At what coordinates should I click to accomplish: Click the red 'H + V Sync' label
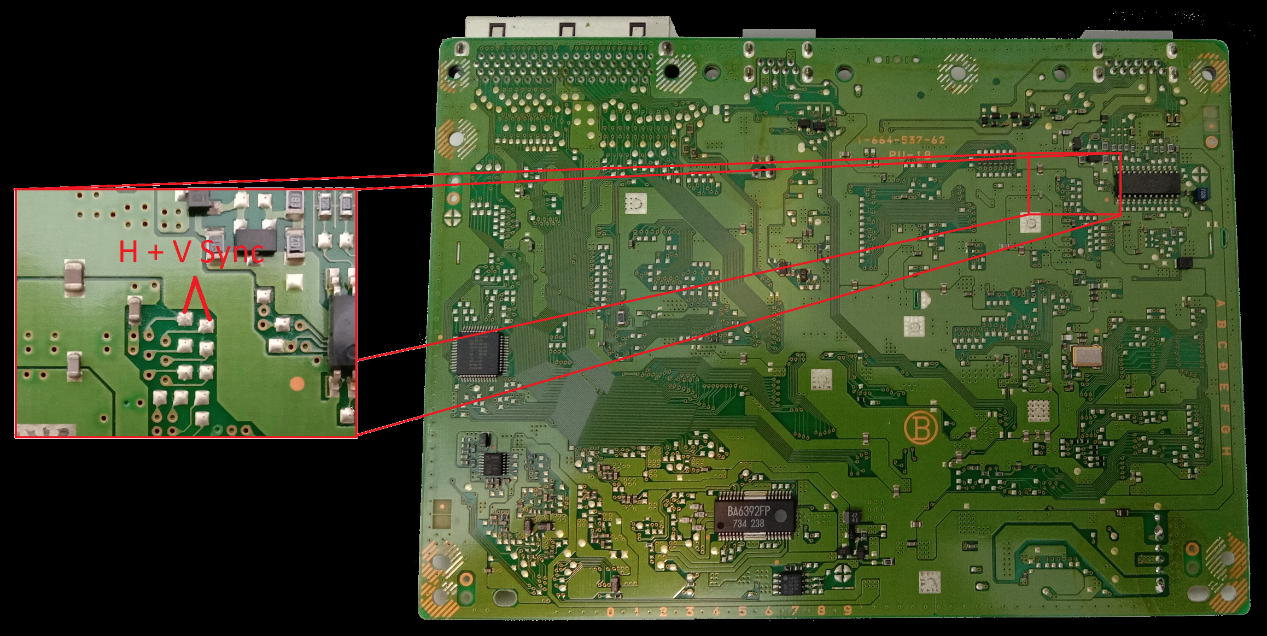[191, 252]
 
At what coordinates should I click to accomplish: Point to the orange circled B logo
[921, 429]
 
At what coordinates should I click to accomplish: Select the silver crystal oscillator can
[1088, 356]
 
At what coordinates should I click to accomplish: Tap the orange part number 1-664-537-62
[901, 140]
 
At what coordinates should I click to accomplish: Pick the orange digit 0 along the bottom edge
[610, 611]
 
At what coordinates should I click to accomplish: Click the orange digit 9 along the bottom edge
[848, 610]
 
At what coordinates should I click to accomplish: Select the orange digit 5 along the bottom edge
[742, 611]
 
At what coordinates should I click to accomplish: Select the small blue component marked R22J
[1199, 193]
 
